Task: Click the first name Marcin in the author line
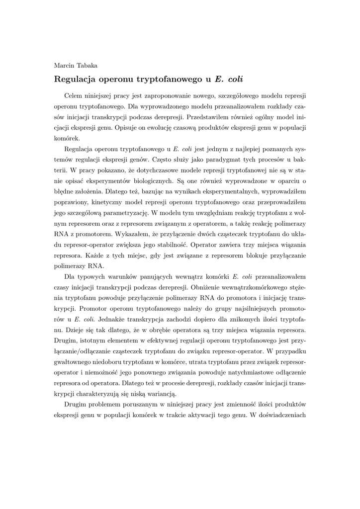click(x=64, y=65)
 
